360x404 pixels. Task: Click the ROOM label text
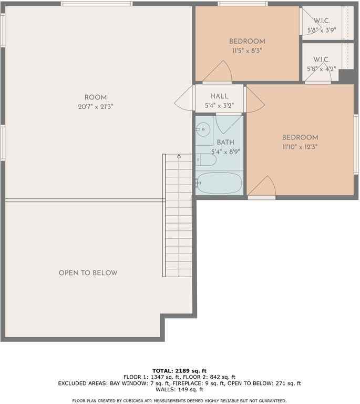click(x=96, y=97)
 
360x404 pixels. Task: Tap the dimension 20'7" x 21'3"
click(x=96, y=106)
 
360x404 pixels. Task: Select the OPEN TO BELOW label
click(x=88, y=273)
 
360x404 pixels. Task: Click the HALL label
click(x=219, y=96)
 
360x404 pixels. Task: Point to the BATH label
click(x=225, y=143)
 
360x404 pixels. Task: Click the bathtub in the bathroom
click(x=219, y=184)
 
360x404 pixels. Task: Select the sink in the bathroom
click(x=203, y=129)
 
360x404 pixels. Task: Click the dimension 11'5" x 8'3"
click(x=247, y=51)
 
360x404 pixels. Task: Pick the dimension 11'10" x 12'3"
click(x=300, y=147)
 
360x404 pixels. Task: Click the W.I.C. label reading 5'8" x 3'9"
click(x=322, y=26)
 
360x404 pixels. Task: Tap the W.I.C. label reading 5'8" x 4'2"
click(x=322, y=64)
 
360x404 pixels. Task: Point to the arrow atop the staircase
click(x=179, y=156)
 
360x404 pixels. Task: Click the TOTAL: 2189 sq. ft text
click(x=180, y=370)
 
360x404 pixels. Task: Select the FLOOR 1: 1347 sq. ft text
click(x=152, y=377)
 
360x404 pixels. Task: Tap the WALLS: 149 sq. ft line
click(x=180, y=390)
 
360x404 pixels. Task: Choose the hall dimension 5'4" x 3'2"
click(x=219, y=105)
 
